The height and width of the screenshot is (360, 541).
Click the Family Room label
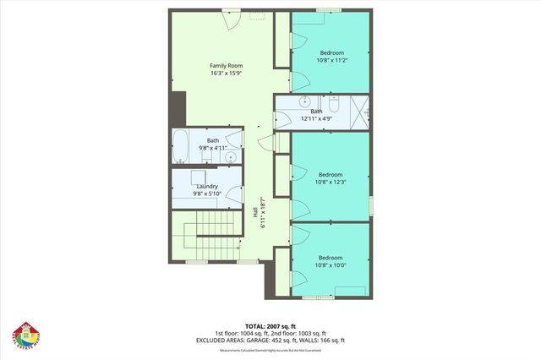[x=227, y=65]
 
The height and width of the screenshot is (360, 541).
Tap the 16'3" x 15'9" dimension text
[x=227, y=74]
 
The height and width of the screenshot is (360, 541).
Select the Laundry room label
[x=207, y=186]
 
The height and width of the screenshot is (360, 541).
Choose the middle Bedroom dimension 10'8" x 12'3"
[x=331, y=182]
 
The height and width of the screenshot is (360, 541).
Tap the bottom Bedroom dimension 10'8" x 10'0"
[x=331, y=265]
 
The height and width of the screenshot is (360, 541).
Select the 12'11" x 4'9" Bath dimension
[x=316, y=118]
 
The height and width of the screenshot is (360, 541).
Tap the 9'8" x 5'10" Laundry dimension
[x=207, y=194]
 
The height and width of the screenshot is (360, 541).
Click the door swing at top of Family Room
[x=229, y=20]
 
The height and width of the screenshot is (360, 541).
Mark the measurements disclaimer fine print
[x=270, y=349]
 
